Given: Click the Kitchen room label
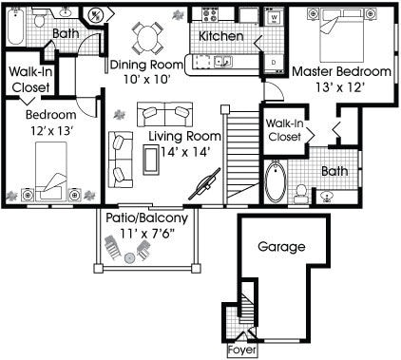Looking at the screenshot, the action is tap(221, 36).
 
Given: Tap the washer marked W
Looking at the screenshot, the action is tap(275, 17).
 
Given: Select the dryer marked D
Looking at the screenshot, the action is tap(274, 63).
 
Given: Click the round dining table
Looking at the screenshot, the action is tap(147, 38).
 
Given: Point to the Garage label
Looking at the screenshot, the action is tap(281, 247).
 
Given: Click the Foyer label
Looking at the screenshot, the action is tap(242, 351).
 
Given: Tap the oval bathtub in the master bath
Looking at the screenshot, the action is tap(276, 181).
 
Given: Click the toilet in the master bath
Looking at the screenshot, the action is tap(300, 194).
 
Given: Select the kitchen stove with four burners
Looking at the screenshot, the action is tap(211, 14).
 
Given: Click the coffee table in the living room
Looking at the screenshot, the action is tap(150, 160).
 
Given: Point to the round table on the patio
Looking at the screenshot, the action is tap(129, 258).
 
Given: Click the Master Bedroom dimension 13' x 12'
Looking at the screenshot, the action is tap(339, 87).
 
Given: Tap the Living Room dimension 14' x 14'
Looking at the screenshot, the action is tap(185, 152).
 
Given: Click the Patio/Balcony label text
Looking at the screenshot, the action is tap(146, 218).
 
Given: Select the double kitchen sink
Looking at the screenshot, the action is tap(223, 62).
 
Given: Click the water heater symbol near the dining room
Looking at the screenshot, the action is tap(96, 15).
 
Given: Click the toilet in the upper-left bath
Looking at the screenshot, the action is tap(40, 18).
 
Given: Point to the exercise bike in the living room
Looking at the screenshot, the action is tap(204, 184).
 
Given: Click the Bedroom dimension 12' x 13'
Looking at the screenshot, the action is tap(52, 130).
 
